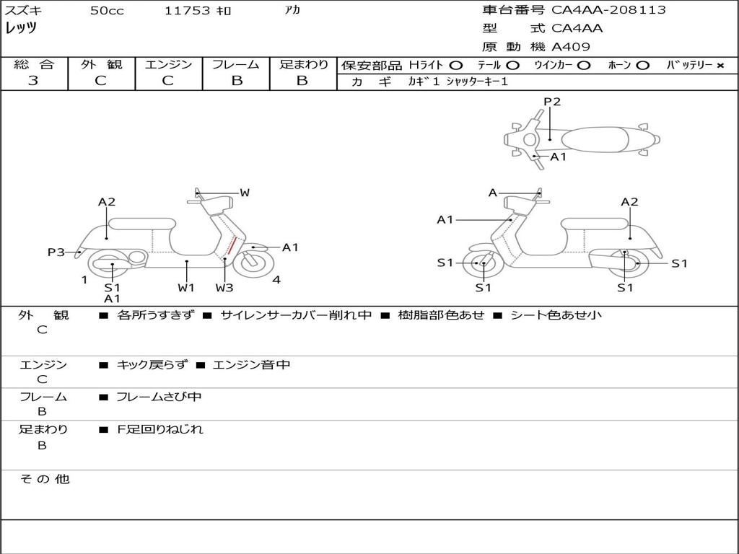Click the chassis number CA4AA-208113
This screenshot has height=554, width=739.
[x=608, y=10]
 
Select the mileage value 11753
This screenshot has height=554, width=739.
[x=188, y=11]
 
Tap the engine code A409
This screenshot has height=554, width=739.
[x=571, y=47]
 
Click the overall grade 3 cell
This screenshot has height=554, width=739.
[x=33, y=81]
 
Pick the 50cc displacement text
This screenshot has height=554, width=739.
[x=107, y=11]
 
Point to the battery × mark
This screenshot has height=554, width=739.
[x=720, y=65]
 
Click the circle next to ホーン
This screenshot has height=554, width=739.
[x=643, y=65]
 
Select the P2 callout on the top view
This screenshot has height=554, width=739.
[x=552, y=102]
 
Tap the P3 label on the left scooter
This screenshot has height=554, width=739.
[x=56, y=252]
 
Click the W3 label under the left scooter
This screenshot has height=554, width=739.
[x=224, y=287]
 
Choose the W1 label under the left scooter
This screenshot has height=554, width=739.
[x=186, y=287]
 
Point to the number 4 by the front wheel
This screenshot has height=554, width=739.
[x=276, y=280]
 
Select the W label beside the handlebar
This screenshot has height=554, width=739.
[x=245, y=193]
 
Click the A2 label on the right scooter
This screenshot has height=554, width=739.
[x=629, y=202]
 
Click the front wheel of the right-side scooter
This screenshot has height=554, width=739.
[x=483, y=264]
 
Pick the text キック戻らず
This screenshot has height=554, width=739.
[x=152, y=365]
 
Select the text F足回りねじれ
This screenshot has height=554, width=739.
[x=160, y=429]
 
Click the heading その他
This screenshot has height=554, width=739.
[x=44, y=479]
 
